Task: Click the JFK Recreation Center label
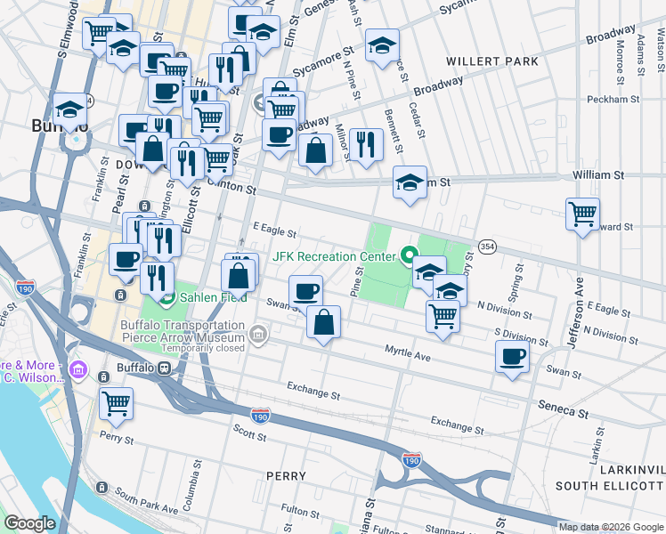333,256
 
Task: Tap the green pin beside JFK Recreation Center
409,257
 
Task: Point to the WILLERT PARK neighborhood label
494,61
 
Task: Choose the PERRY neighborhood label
287,476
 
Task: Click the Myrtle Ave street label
408,355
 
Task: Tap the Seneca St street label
564,409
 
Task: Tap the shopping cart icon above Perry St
116,405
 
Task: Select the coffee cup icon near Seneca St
513,358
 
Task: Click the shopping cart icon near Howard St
582,214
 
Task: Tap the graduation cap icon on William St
410,183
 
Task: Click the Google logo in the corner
29,523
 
